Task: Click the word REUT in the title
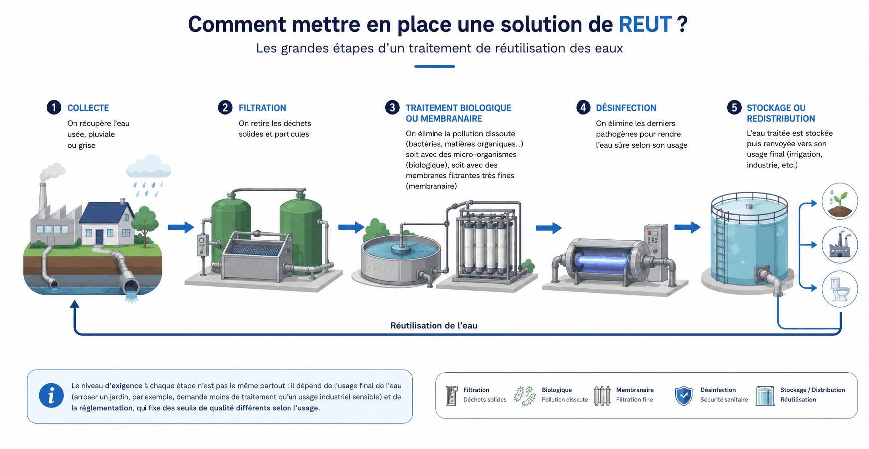(645, 24)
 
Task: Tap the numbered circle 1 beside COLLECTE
(54, 108)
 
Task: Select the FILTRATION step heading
(262, 108)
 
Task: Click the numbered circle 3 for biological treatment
(392, 108)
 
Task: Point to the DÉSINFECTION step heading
(626, 108)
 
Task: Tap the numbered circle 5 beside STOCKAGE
(734, 108)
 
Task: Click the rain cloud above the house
(148, 167)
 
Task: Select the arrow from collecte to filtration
(181, 227)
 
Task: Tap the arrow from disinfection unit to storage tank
(687, 227)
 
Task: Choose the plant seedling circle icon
(840, 201)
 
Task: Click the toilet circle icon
(840, 289)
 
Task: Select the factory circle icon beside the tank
(840, 245)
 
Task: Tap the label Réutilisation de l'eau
(434, 325)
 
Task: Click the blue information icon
(51, 396)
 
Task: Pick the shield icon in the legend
(684, 396)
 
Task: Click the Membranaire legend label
(635, 390)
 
